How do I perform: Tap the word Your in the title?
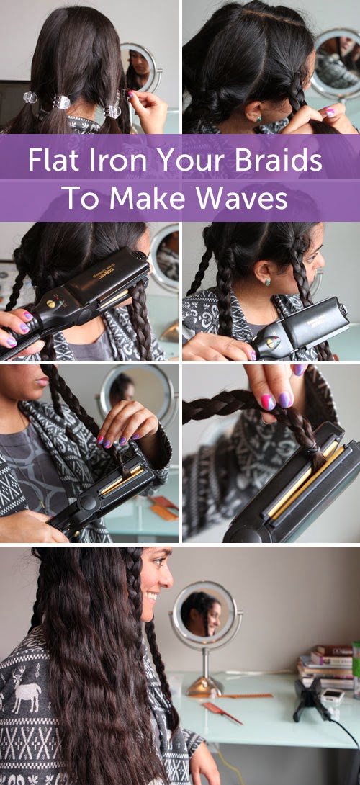coord(173,159)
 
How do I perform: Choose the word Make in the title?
coord(147,198)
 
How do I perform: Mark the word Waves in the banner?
coord(242,198)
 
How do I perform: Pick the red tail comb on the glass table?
coord(222,712)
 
